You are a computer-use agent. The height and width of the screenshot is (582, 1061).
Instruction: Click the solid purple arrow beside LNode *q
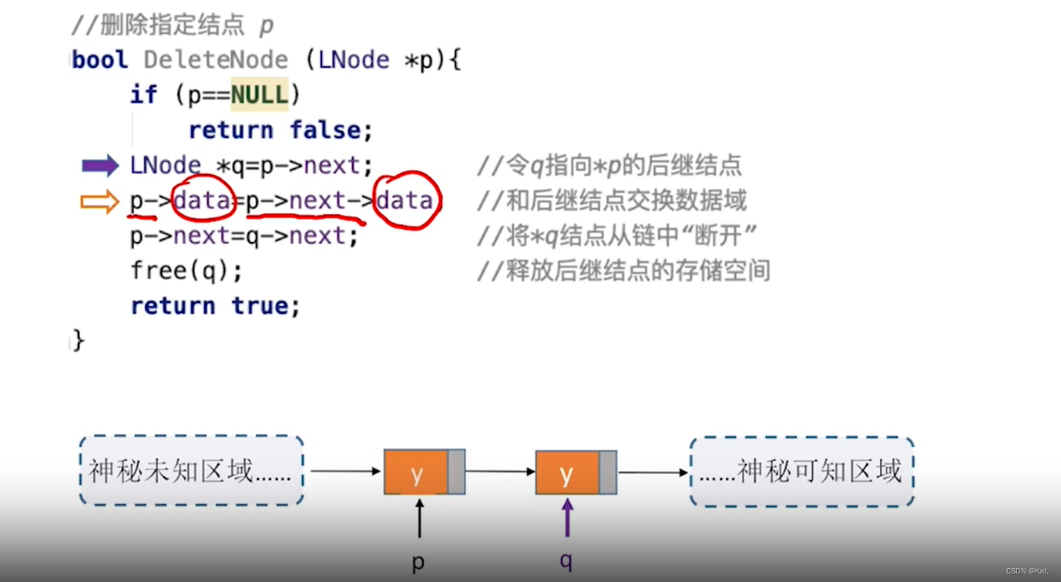click(100, 166)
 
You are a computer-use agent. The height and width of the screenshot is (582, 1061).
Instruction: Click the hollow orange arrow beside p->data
click(99, 202)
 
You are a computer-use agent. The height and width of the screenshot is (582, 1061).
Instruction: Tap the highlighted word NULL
click(259, 95)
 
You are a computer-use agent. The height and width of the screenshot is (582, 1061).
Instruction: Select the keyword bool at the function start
click(100, 60)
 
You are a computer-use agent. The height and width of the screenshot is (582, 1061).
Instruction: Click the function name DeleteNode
click(216, 60)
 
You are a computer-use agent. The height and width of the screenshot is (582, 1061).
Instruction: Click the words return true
click(215, 306)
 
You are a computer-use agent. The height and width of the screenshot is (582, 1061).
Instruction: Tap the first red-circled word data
click(203, 201)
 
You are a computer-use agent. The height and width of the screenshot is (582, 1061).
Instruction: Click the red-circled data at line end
click(405, 201)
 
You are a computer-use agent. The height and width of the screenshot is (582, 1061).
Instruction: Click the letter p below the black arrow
click(418, 562)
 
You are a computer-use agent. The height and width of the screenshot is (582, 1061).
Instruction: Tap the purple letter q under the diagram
click(566, 560)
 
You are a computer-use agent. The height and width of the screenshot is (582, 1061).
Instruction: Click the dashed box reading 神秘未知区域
click(191, 471)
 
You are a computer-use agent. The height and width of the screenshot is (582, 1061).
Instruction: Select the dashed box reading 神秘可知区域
click(801, 471)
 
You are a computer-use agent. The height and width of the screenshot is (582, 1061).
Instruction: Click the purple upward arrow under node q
click(568, 518)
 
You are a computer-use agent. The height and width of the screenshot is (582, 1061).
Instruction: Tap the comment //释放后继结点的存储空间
click(623, 271)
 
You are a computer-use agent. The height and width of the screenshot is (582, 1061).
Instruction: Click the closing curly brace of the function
click(78, 340)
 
